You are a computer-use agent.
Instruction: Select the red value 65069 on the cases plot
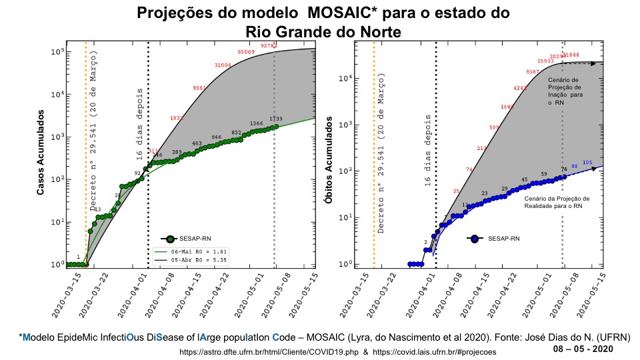pyautogui.click(x=247, y=52)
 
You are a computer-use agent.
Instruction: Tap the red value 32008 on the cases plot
pyautogui.click(x=223, y=65)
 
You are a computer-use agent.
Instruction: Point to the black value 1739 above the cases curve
pyautogui.click(x=275, y=119)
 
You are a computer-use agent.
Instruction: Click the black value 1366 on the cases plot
pyautogui.click(x=257, y=124)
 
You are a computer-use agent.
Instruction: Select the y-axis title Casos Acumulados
pyautogui.click(x=40, y=153)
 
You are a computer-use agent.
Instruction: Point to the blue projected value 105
pyautogui.click(x=587, y=163)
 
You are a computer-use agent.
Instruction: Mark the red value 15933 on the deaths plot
pyautogui.click(x=545, y=61)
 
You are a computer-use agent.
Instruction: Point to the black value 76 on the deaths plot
pyautogui.click(x=564, y=169)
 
